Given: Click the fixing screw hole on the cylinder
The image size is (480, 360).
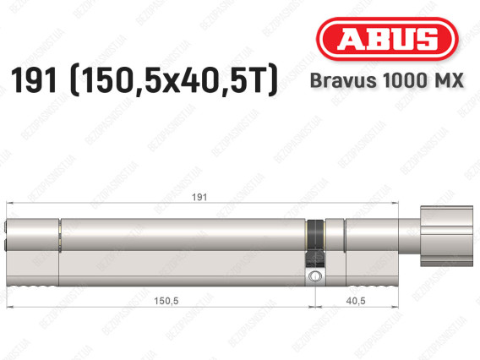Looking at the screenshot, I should pyautogui.click(x=314, y=277).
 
